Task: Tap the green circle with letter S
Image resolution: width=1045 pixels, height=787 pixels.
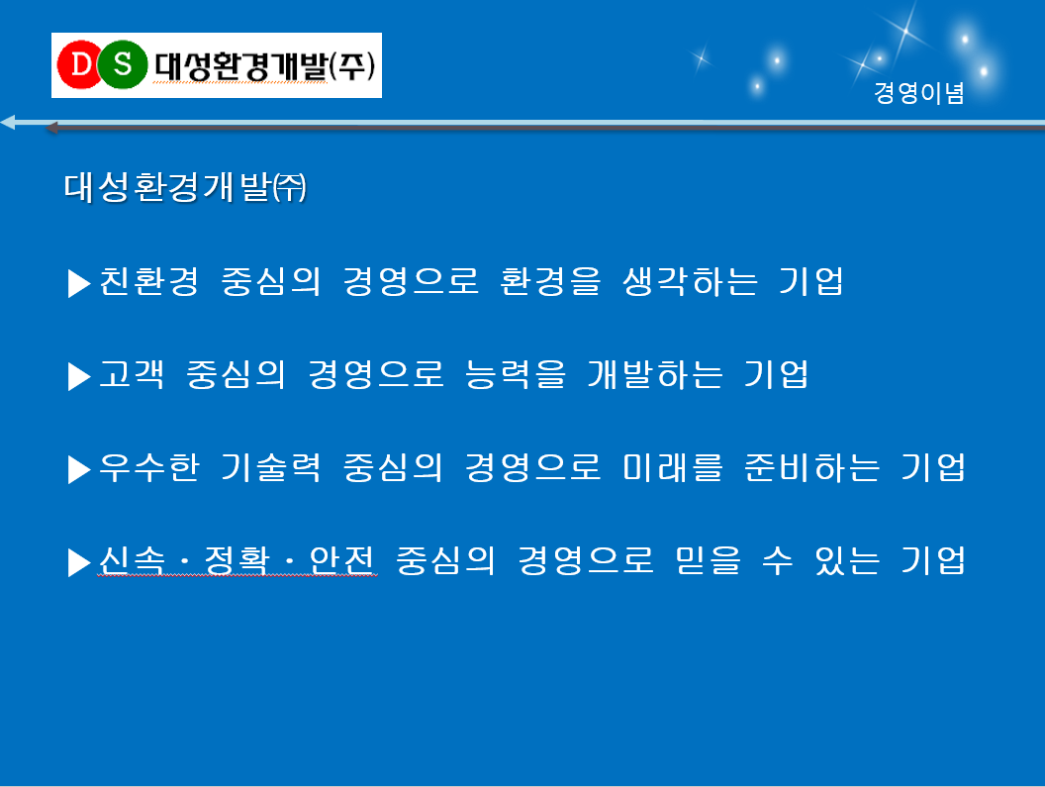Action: click(123, 64)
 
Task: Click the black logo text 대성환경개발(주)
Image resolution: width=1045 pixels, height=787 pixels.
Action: click(264, 66)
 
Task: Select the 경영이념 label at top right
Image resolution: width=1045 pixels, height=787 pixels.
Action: click(919, 93)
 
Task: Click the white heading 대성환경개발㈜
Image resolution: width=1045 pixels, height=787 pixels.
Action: click(185, 187)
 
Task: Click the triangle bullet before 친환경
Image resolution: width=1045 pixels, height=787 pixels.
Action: click(79, 283)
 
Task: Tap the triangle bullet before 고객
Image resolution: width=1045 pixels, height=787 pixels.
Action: click(79, 376)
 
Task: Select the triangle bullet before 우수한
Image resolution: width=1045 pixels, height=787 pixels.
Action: click(79, 469)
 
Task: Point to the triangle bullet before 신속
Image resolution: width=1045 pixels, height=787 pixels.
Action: click(79, 562)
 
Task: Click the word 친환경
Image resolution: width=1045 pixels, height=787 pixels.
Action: click(149, 281)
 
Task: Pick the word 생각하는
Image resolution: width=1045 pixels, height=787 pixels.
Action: click(691, 281)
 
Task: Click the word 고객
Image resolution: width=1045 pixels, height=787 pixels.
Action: click(132, 373)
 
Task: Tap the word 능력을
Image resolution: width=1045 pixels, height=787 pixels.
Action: click(516, 373)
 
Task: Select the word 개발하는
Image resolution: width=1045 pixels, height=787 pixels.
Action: click(655, 373)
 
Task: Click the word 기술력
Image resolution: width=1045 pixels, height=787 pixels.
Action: click(271, 467)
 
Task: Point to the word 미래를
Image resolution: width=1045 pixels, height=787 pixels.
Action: click(673, 467)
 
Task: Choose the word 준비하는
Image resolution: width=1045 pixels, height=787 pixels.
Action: click(812, 467)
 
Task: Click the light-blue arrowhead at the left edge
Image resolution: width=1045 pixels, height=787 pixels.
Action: click(8, 122)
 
